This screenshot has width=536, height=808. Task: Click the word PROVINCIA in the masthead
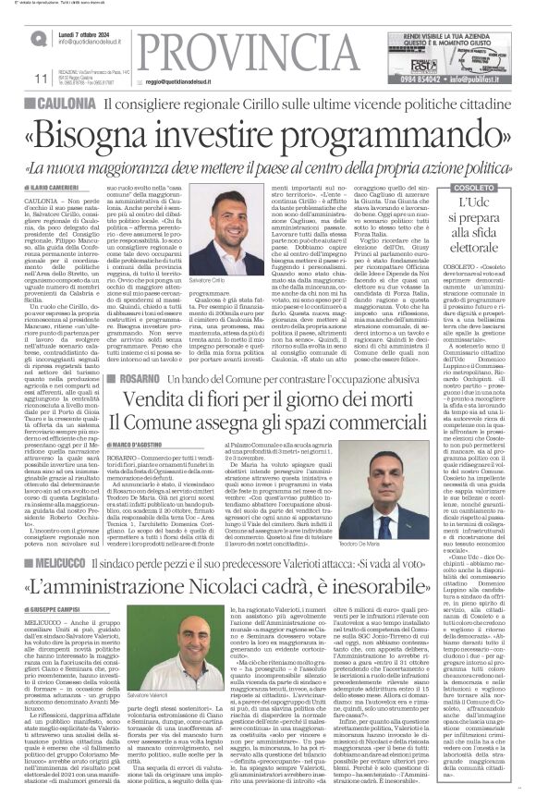(216, 47)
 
